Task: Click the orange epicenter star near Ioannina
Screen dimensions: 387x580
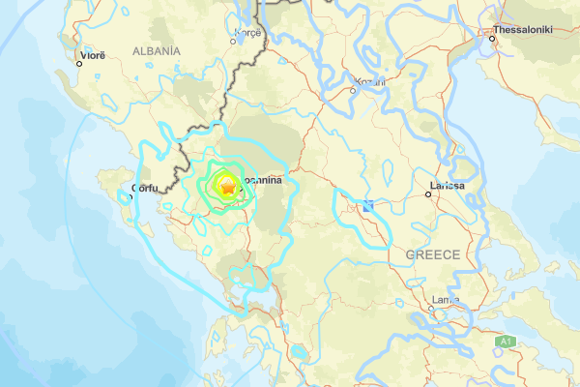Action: point(226,189)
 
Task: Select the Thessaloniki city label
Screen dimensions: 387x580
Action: point(522,30)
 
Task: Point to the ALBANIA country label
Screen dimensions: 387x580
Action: point(156,50)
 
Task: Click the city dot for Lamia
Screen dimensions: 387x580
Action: point(431,310)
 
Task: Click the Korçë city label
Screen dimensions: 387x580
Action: point(247,32)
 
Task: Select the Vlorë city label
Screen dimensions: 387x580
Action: point(92,55)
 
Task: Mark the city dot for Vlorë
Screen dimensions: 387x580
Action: point(79,64)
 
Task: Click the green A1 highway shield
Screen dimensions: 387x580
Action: point(504,342)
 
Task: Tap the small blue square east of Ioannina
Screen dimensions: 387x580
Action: point(368,205)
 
